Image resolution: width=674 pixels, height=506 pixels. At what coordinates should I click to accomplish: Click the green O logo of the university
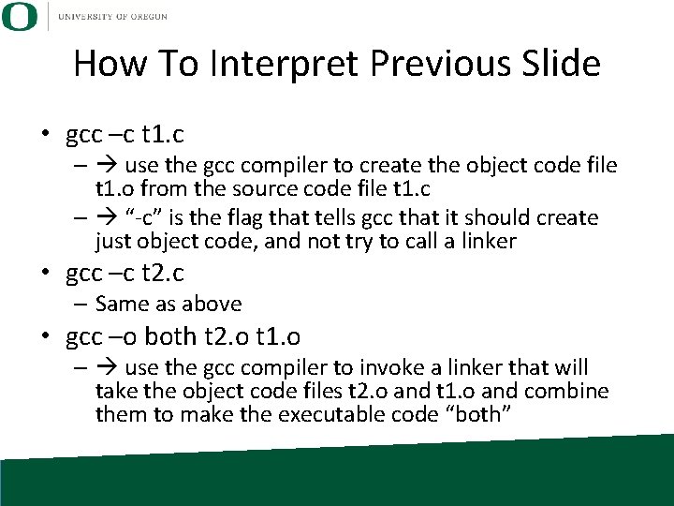tap(19, 17)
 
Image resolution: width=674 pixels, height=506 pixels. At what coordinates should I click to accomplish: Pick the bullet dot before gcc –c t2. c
tap(45, 274)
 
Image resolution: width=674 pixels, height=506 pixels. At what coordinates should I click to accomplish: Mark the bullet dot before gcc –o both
tap(45, 336)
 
